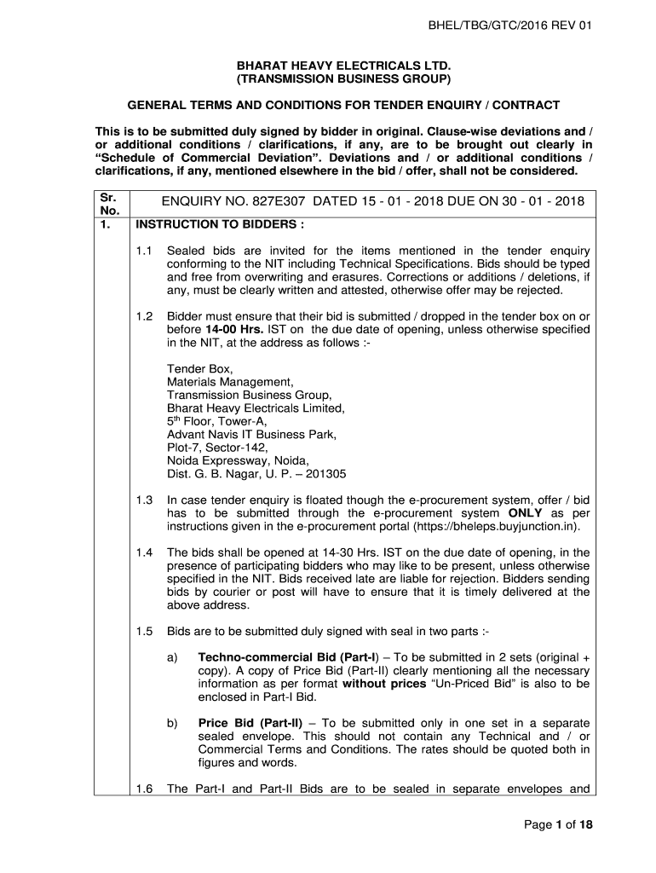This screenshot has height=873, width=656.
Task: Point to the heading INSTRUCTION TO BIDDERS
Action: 216,227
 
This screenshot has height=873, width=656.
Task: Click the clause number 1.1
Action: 144,251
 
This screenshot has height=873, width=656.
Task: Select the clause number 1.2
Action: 144,316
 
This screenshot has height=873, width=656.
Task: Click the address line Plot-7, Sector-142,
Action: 217,448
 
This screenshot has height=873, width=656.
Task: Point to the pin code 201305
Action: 325,474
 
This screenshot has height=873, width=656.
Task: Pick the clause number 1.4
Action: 144,553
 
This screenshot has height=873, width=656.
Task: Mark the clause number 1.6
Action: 144,789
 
